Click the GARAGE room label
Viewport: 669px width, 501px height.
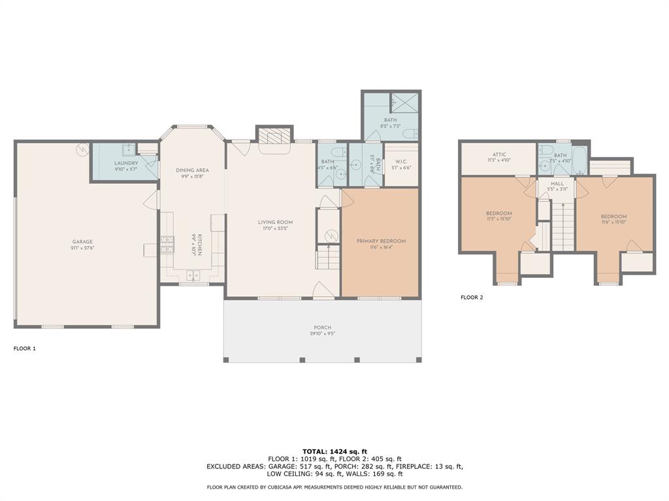tap(82, 242)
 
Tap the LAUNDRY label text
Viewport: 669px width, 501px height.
tap(125, 162)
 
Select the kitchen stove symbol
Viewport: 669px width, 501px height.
tap(167, 245)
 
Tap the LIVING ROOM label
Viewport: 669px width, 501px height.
tap(275, 222)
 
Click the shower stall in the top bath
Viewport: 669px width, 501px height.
tap(405, 102)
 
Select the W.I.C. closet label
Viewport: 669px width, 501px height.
tap(401, 162)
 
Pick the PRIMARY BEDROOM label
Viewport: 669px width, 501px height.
tap(381, 241)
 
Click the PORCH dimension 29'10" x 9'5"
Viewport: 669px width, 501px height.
tap(322, 333)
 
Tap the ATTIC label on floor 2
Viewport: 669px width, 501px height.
tap(499, 155)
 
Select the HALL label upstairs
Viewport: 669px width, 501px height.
tap(557, 184)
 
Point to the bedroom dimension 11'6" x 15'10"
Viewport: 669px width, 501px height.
tap(613, 222)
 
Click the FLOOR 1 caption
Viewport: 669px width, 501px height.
tap(25, 348)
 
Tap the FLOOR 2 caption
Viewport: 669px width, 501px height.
tap(472, 297)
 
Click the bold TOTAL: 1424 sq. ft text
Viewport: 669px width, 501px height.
tap(334, 451)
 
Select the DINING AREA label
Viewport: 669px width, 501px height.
tap(192, 170)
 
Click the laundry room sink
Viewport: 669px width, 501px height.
tap(129, 148)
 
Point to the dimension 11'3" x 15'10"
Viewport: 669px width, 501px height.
tap(498, 219)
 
